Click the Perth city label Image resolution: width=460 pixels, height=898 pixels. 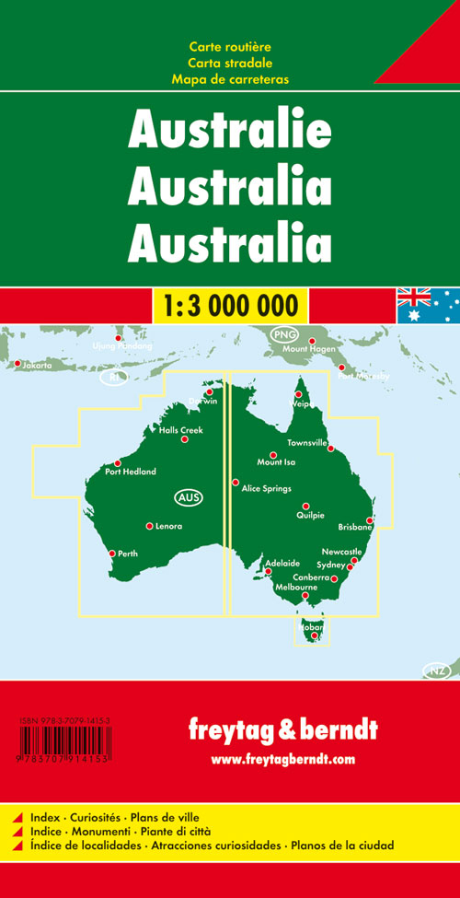coord(128,554)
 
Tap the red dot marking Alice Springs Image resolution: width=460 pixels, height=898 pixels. coord(236,482)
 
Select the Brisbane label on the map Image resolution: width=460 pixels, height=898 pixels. coord(354,527)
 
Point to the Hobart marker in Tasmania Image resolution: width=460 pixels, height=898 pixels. coord(315,635)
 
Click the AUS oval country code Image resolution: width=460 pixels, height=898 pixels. coord(187,498)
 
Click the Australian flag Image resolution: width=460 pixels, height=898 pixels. coord(428,305)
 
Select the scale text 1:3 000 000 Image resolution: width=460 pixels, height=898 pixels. coord(230,304)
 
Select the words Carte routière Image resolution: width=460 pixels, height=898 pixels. coord(230,46)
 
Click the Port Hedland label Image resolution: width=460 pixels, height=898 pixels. coord(131,472)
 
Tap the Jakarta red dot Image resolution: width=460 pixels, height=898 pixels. coord(17,364)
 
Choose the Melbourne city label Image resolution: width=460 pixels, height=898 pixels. coord(296,587)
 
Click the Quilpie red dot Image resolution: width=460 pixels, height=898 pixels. coord(305,506)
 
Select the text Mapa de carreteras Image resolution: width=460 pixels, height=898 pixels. coord(230,79)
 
